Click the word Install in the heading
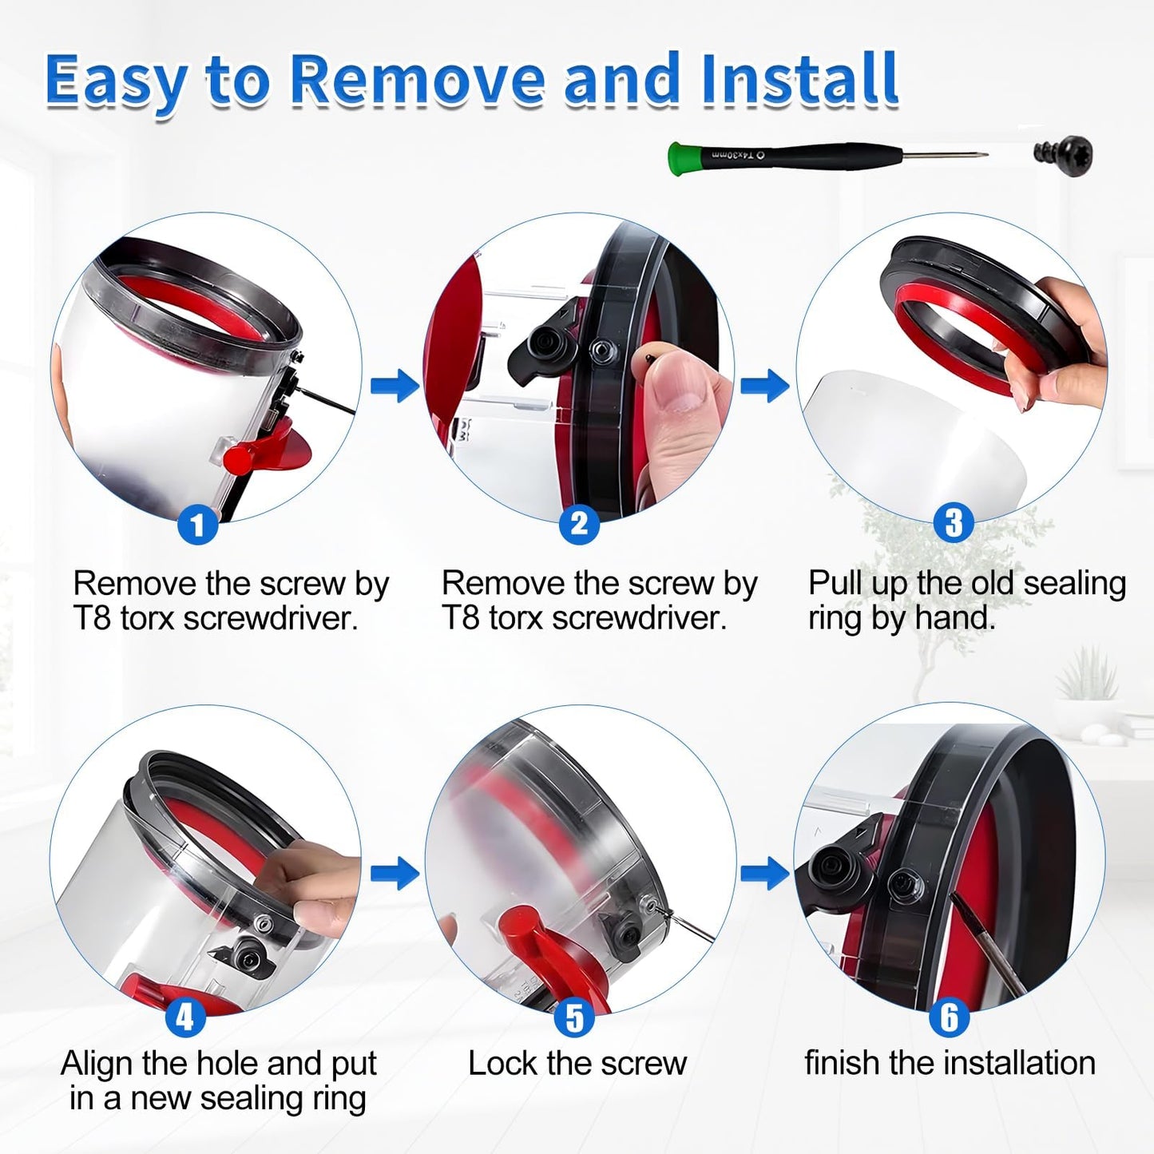point(798,80)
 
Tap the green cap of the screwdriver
point(680,157)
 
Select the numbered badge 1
point(197,525)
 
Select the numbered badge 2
point(579,524)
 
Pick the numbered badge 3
point(953,523)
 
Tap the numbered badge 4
point(184,1017)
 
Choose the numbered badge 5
point(574,1018)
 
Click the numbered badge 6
point(949,1017)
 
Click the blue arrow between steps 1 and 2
point(395,386)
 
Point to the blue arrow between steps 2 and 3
point(764,386)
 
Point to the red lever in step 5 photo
point(543,950)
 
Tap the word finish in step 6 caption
point(843,1064)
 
